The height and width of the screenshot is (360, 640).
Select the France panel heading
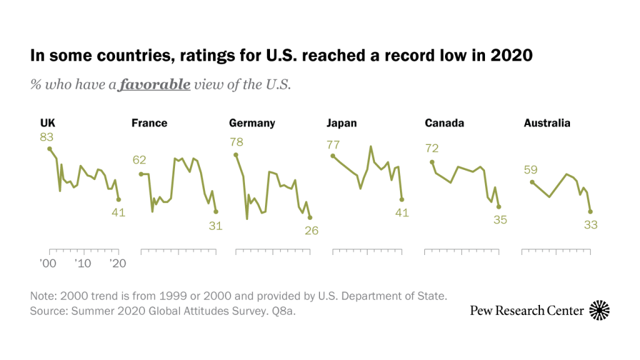pyautogui.click(x=149, y=123)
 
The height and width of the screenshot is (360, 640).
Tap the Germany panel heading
pyautogui.click(x=252, y=123)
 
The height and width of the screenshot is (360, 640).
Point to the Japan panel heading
pyautogui.click(x=342, y=123)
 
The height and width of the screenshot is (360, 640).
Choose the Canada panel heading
pyautogui.click(x=444, y=123)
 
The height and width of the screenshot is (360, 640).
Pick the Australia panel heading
pyautogui.click(x=547, y=123)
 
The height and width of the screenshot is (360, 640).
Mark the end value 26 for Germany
pyautogui.click(x=311, y=231)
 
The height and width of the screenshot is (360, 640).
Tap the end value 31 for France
pyautogui.click(x=216, y=226)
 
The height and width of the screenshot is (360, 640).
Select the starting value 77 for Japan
pyautogui.click(x=333, y=144)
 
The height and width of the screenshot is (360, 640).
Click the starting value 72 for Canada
pyautogui.click(x=432, y=149)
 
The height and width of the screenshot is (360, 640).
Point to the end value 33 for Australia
pyautogui.click(x=591, y=226)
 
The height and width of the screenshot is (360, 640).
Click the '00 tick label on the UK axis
pyautogui.click(x=47, y=263)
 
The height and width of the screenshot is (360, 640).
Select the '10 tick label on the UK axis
pyautogui.click(x=82, y=263)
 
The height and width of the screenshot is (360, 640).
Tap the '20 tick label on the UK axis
pyautogui.click(x=117, y=263)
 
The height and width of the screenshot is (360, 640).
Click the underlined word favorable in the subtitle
pyautogui.click(x=155, y=84)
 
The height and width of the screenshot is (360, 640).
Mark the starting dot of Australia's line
pyautogui.click(x=531, y=182)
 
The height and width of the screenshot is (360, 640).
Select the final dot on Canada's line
pyautogui.click(x=499, y=206)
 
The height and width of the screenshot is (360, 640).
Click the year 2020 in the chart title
pyautogui.click(x=511, y=56)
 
